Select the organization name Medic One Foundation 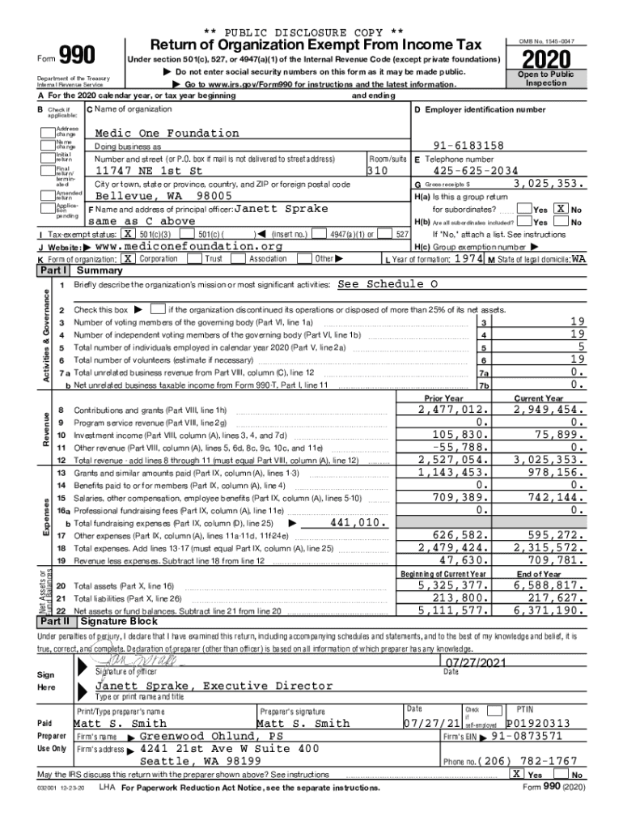[167, 133]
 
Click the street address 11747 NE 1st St [149, 171]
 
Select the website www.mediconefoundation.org [189, 246]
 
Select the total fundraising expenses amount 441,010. [357, 523]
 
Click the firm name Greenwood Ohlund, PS [211, 737]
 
